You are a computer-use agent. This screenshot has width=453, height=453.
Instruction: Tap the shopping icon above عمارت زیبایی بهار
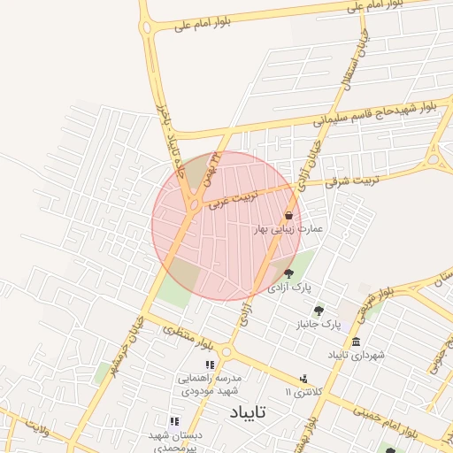tap(289, 216)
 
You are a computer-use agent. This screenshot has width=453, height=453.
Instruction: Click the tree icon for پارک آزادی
tap(288, 273)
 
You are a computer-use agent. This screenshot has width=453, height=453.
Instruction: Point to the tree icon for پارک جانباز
tap(319, 311)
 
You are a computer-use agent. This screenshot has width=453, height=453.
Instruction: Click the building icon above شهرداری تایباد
tap(356, 342)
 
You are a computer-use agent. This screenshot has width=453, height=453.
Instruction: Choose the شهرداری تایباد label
tap(356, 355)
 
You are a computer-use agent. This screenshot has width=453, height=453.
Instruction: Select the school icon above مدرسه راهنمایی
tap(210, 365)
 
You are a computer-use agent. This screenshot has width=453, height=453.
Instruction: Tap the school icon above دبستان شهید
tap(173, 421)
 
